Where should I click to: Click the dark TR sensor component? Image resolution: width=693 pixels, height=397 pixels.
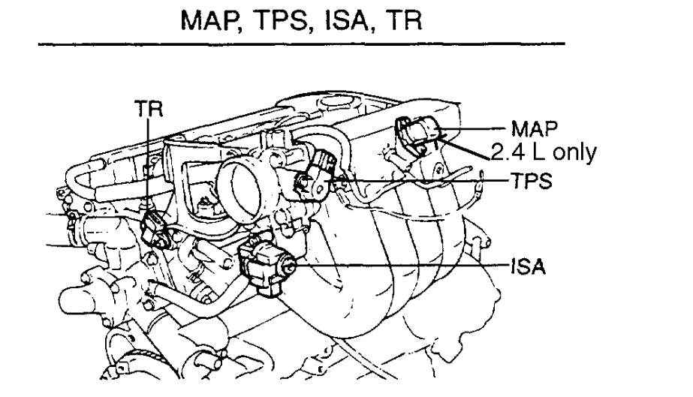click(154, 226)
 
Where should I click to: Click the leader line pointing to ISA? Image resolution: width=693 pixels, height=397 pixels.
click(398, 265)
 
